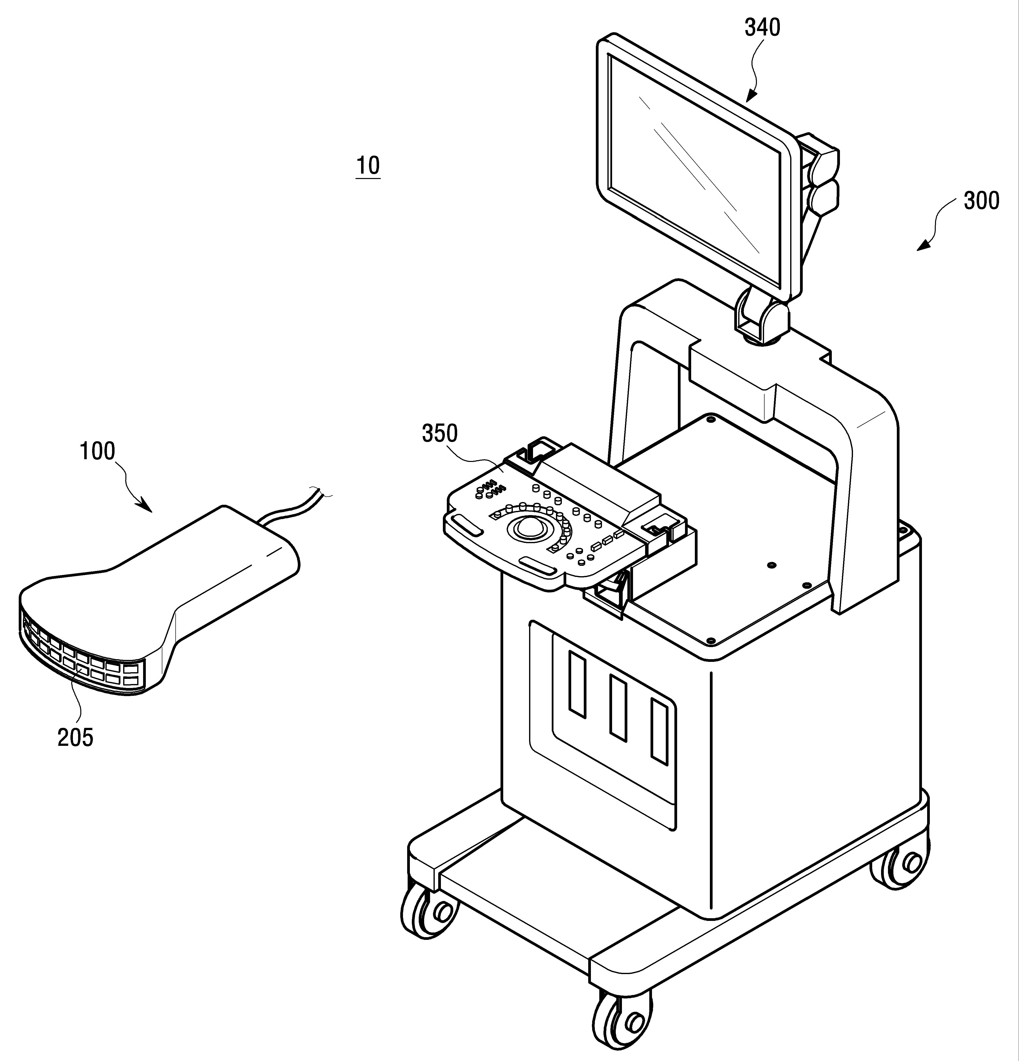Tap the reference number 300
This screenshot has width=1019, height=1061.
(x=981, y=201)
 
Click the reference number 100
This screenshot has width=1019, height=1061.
(x=98, y=451)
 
